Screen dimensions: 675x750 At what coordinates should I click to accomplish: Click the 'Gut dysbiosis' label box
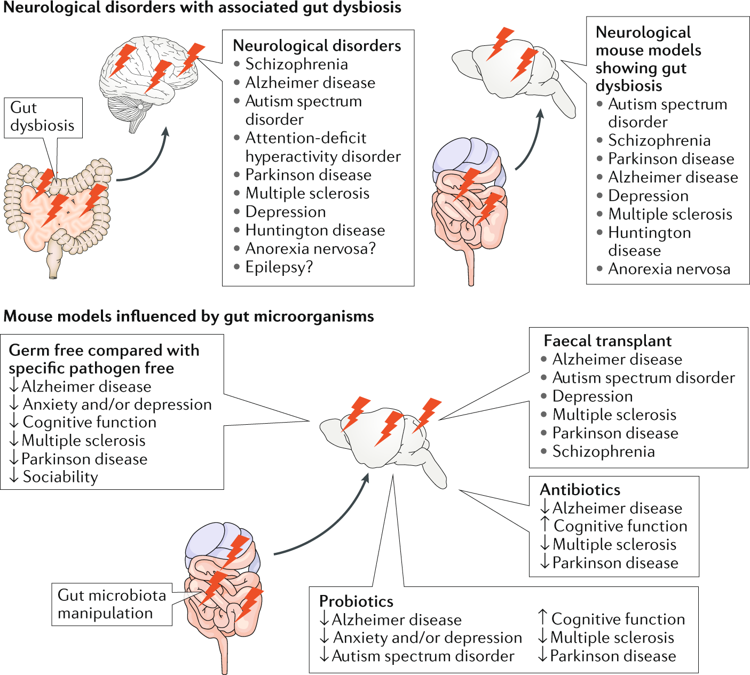click(43, 117)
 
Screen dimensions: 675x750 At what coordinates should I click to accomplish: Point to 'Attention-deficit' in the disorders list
click(306, 138)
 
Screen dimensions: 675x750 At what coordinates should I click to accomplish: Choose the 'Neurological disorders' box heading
click(317, 46)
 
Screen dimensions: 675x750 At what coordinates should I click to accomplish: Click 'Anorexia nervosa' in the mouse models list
click(669, 269)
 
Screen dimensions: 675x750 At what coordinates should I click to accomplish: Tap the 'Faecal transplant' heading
click(607, 341)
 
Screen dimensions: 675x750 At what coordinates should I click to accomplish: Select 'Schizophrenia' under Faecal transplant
click(603, 451)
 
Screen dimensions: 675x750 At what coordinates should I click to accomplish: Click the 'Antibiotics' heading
click(580, 490)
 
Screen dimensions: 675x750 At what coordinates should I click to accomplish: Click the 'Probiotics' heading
click(356, 601)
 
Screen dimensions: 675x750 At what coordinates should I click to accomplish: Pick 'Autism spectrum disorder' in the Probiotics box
click(423, 656)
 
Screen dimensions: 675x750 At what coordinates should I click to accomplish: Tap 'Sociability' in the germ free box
click(60, 477)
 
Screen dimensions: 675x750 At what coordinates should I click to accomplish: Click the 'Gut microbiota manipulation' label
click(112, 604)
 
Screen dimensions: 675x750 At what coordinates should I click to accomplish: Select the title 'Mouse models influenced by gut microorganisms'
click(188, 316)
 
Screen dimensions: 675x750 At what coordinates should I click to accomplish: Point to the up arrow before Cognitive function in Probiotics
click(542, 617)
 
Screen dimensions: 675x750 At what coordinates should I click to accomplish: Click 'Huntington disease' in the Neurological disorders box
click(315, 231)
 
